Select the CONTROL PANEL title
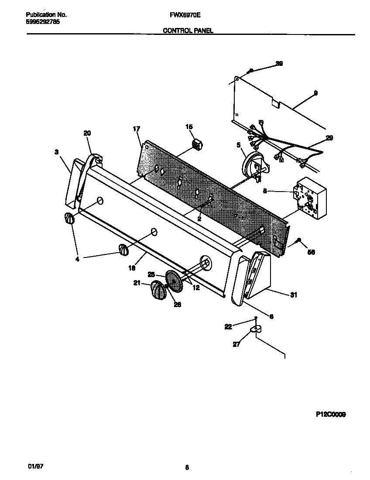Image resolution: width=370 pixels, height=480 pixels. point(188,31)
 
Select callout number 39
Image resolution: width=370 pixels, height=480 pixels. point(279,64)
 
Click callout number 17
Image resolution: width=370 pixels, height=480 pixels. point(136,129)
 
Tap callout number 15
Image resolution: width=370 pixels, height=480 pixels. point(189,127)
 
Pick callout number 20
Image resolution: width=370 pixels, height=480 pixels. point(87,133)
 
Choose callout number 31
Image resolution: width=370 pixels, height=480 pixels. point(293,295)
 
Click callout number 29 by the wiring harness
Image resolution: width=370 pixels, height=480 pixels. point(329,138)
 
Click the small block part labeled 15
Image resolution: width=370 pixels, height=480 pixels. point(199,144)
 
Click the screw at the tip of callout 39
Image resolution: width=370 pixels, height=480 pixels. point(251,71)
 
